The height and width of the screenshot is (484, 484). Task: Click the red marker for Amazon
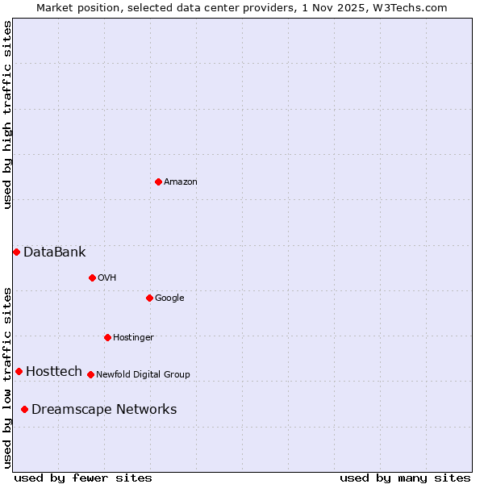(158, 181)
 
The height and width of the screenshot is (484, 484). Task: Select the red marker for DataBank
(16, 252)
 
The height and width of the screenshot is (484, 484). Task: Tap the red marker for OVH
(92, 277)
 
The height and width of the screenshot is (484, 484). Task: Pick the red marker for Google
(149, 298)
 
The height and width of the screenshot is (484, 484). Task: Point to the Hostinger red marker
(107, 337)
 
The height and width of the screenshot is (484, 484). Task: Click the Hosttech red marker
(19, 371)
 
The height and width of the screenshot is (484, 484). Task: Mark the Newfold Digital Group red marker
(90, 374)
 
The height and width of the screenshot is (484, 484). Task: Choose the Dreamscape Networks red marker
(24, 410)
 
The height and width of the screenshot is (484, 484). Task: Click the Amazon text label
(181, 181)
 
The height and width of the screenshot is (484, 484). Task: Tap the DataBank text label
(55, 252)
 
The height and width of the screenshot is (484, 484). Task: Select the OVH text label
(107, 277)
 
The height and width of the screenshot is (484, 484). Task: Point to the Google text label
(169, 298)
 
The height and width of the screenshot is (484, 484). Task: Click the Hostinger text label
(133, 337)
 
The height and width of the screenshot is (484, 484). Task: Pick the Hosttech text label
(54, 371)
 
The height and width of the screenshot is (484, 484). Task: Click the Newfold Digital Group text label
(143, 374)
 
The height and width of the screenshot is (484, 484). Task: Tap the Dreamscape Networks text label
(104, 410)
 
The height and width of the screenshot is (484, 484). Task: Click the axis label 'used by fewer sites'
(83, 478)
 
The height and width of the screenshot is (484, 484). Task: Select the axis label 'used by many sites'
(405, 478)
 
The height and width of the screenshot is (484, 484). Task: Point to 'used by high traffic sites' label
(7, 115)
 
